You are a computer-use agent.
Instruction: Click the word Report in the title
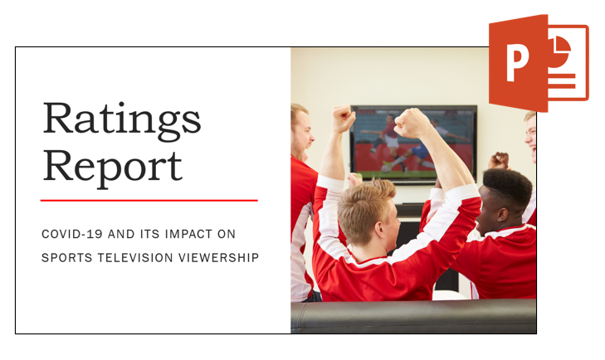pos(112,168)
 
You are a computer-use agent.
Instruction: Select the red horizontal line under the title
pos(149,200)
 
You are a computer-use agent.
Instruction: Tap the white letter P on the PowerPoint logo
pos(517,61)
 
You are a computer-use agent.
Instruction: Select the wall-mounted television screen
pos(413,144)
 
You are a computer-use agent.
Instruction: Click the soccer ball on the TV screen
pos(386,168)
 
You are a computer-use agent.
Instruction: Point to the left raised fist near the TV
pos(344,118)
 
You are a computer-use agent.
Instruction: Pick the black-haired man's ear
pos(502,214)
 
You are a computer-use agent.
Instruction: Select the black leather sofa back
pos(413,316)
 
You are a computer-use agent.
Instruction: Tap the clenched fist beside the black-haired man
pos(500,160)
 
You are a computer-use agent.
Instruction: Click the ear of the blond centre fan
pos(379,230)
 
